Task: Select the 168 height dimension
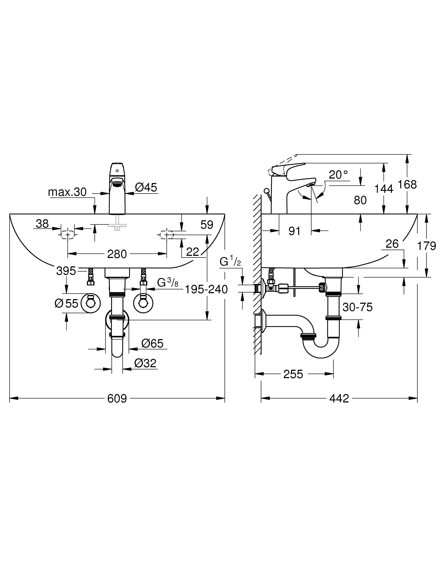click(x=407, y=185)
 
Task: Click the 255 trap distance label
click(x=293, y=374)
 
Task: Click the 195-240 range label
click(x=206, y=290)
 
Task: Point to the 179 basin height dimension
click(x=426, y=246)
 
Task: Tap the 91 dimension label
click(x=295, y=231)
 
